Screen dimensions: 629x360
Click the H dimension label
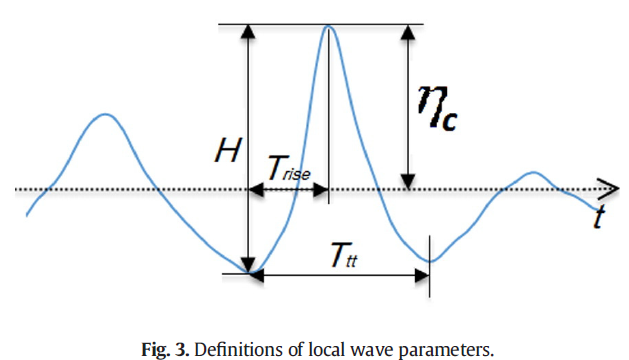tap(228, 150)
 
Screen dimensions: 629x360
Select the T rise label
tap(289, 168)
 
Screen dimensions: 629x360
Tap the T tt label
tap(344, 255)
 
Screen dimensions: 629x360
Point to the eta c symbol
tap(437, 108)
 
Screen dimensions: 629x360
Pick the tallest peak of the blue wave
tap(329, 26)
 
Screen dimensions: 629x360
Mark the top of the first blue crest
tap(105, 114)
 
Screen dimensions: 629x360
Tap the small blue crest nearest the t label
tap(533, 173)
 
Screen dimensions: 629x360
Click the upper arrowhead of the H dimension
tap(248, 31)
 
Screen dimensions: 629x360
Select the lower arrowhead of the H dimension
tap(248, 266)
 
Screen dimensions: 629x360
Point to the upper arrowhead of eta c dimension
tap(408, 32)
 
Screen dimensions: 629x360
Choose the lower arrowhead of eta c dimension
tap(408, 181)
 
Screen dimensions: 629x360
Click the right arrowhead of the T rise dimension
tap(321, 189)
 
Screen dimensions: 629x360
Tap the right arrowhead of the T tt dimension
tap(422, 276)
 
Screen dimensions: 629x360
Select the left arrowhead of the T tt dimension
tap(257, 276)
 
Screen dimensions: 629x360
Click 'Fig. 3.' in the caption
tap(165, 350)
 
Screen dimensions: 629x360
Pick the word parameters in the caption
tap(446, 351)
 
